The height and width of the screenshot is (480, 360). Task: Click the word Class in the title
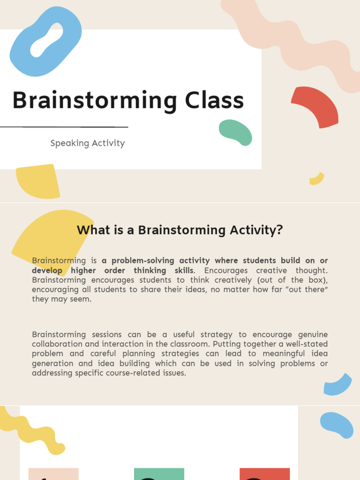pos(214,101)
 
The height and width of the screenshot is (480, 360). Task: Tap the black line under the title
pos(64,127)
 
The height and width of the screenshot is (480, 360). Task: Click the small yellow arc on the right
pos(317,179)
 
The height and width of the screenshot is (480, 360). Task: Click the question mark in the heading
pos(280,230)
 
